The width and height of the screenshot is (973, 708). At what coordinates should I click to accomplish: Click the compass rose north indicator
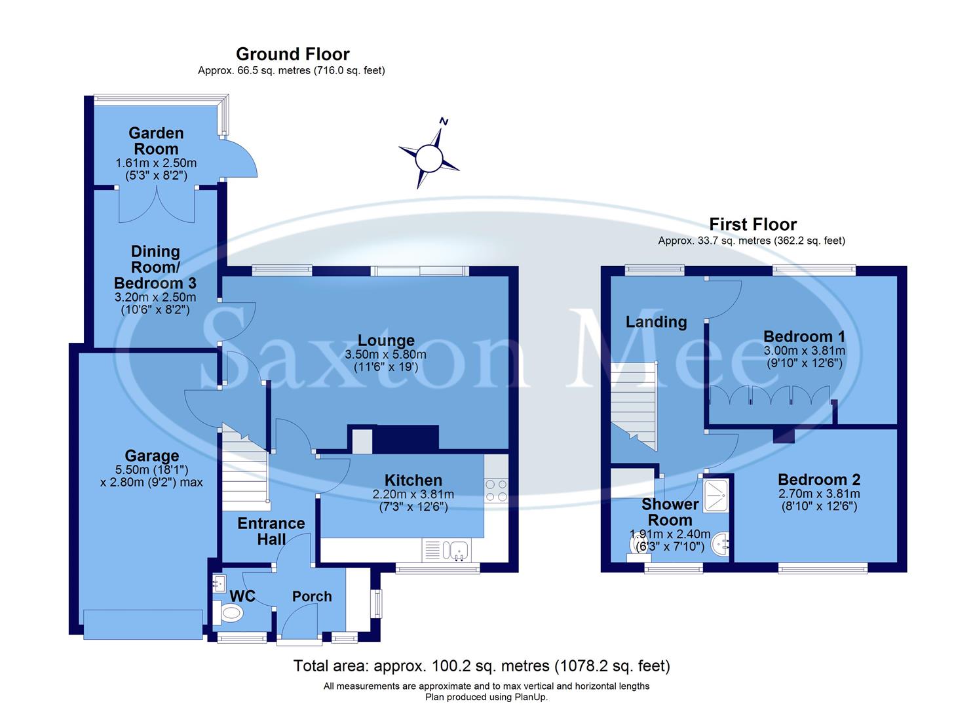point(444,122)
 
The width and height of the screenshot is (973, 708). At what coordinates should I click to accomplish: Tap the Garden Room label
point(156,141)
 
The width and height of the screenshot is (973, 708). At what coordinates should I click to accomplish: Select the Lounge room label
point(386,340)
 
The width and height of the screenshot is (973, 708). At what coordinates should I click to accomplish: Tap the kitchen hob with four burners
point(496,489)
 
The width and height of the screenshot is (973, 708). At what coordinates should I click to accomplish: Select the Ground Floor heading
point(292,54)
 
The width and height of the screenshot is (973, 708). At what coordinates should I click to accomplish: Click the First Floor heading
point(752,224)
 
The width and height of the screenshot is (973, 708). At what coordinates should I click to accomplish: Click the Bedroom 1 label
point(804,336)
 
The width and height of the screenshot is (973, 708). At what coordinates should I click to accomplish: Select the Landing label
point(656,321)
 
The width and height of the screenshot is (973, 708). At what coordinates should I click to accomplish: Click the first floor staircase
point(634,406)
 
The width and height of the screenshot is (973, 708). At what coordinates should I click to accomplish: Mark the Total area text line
point(482,666)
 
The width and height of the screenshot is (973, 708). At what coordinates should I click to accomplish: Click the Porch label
point(312,596)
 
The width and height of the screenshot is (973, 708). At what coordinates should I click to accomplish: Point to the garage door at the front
point(143,623)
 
